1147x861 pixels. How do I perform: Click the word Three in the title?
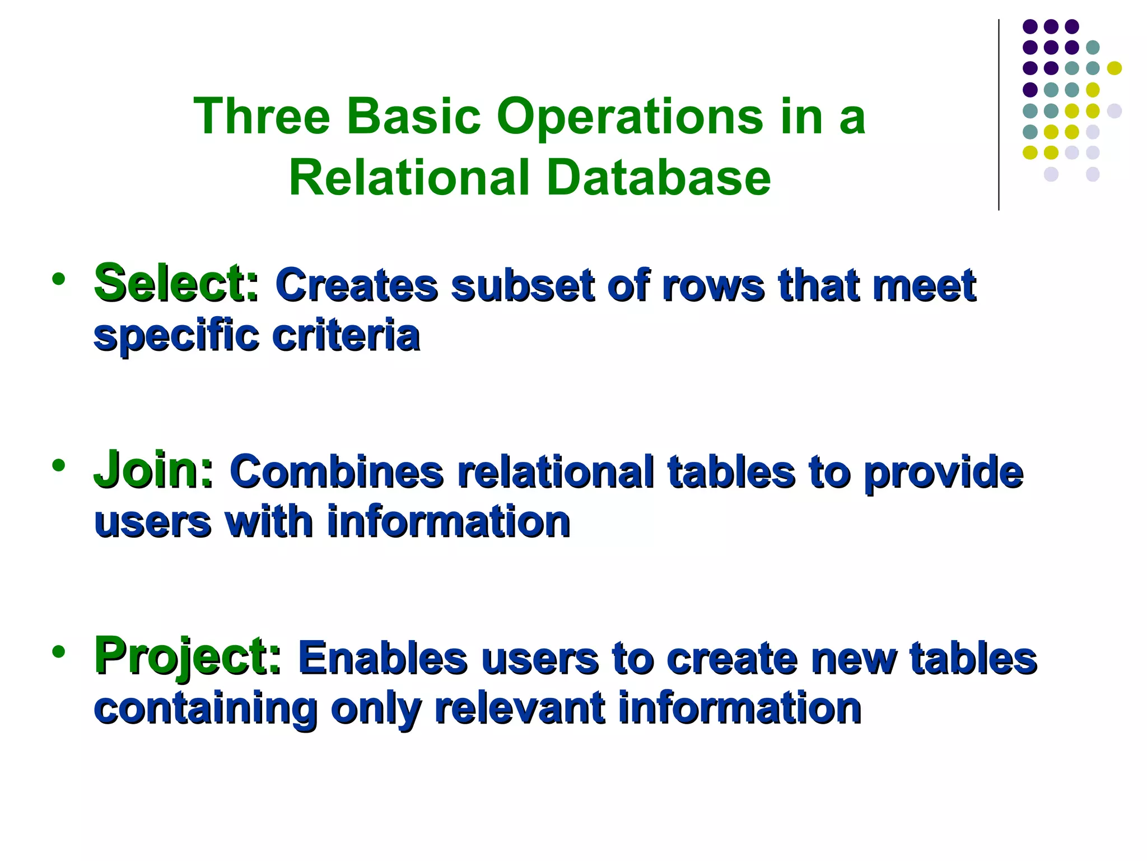[x=262, y=116]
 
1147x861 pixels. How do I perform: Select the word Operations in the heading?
[x=630, y=117]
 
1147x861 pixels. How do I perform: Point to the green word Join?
[x=153, y=470]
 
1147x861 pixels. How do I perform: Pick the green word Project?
[x=188, y=655]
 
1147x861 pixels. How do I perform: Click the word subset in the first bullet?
[x=522, y=285]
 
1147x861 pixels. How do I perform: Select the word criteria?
[x=346, y=336]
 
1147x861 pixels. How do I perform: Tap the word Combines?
[x=336, y=471]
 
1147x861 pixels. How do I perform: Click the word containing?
[x=206, y=709]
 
